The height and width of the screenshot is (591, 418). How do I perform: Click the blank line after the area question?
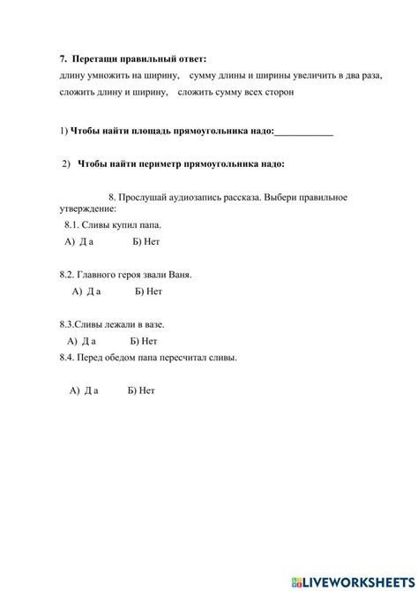coord(304,133)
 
